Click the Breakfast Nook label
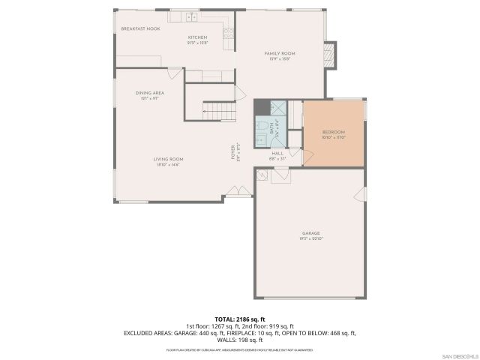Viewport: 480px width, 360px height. pyautogui.click(x=141, y=28)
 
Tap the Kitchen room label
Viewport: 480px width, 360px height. pyautogui.click(x=197, y=37)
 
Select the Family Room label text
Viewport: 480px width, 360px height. pyautogui.click(x=280, y=54)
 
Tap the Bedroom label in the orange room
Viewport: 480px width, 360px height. pyautogui.click(x=334, y=131)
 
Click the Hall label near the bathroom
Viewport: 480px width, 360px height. pyautogui.click(x=277, y=154)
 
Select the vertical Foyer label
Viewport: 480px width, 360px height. pyautogui.click(x=232, y=153)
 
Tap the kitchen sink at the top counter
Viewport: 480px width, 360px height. pyautogui.click(x=192, y=16)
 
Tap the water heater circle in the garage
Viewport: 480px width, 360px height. pyautogui.click(x=262, y=175)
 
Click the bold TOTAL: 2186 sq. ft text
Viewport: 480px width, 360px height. pyautogui.click(x=240, y=319)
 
